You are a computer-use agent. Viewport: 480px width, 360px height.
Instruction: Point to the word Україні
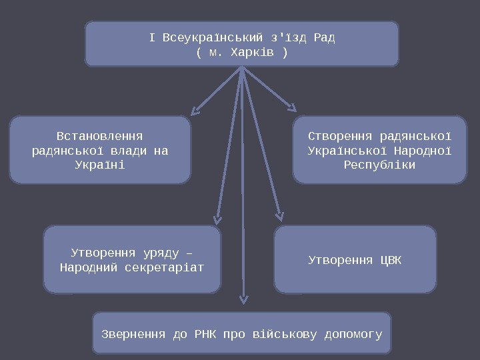coord(100,164)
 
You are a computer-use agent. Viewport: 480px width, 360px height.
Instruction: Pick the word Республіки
coord(379,164)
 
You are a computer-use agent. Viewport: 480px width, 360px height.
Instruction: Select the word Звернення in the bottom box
coord(134,333)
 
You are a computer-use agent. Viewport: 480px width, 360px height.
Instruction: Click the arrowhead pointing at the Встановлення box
coord(194,109)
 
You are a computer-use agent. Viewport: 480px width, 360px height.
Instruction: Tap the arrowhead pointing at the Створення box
coord(293,107)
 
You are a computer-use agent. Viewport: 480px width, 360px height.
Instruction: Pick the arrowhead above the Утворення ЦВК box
coord(280,216)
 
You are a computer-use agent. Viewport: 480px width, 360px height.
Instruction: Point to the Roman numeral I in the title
coord(151,37)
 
